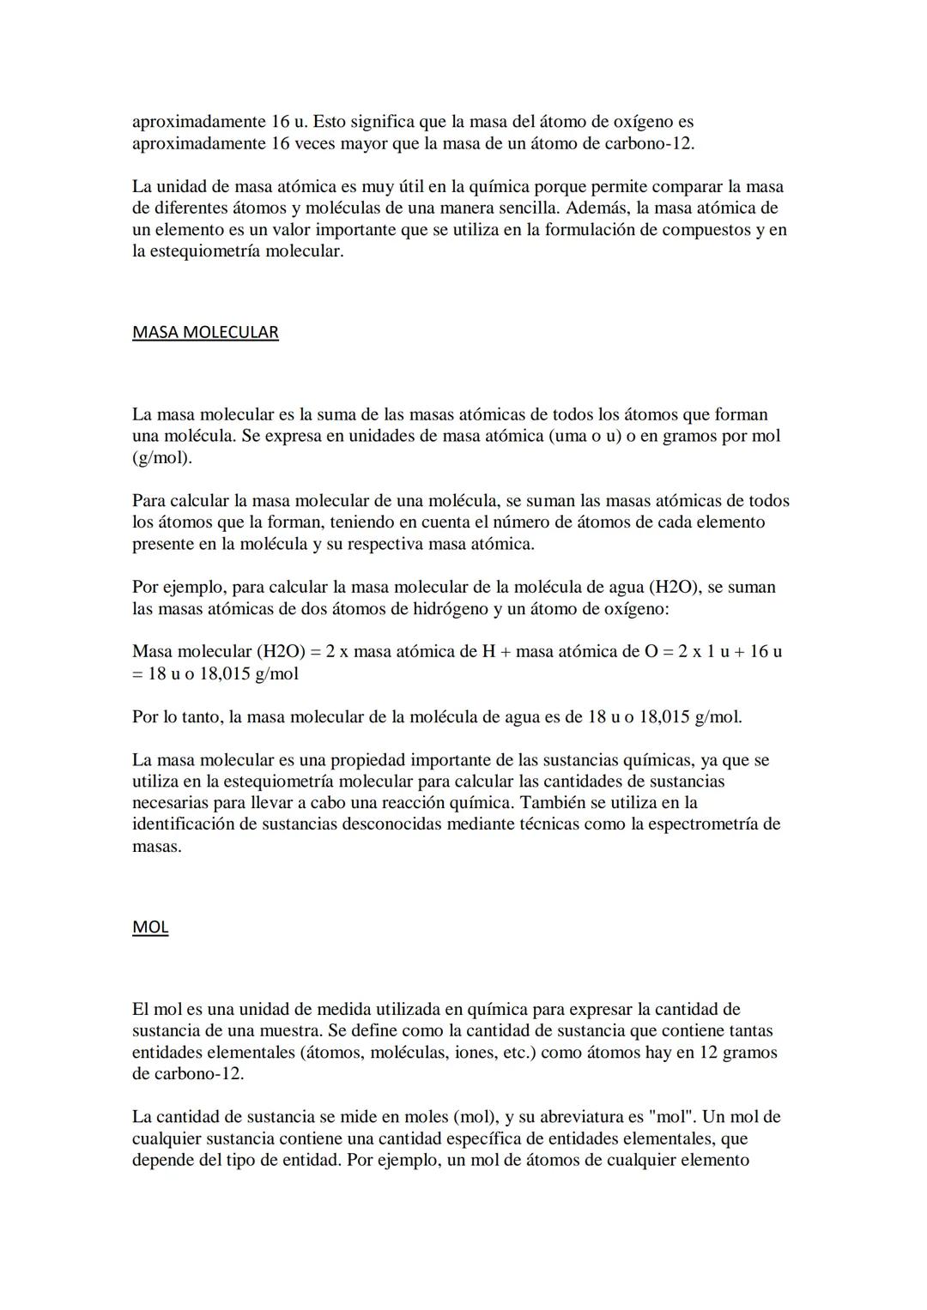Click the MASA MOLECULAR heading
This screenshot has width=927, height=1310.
point(205,332)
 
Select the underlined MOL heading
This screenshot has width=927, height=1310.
point(150,927)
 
